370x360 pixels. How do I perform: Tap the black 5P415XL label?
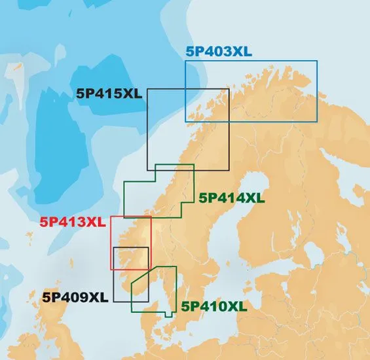pos(108,94)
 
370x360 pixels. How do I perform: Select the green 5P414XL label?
pos(232,197)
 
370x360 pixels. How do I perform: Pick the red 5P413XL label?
pos(73,222)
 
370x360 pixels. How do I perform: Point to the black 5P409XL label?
pos(75,297)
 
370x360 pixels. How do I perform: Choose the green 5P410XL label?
pos(214,306)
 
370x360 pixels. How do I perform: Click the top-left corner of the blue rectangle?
pos(185,60)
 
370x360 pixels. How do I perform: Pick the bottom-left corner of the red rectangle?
pos(111,268)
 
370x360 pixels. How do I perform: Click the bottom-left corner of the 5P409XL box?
pos(113,301)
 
